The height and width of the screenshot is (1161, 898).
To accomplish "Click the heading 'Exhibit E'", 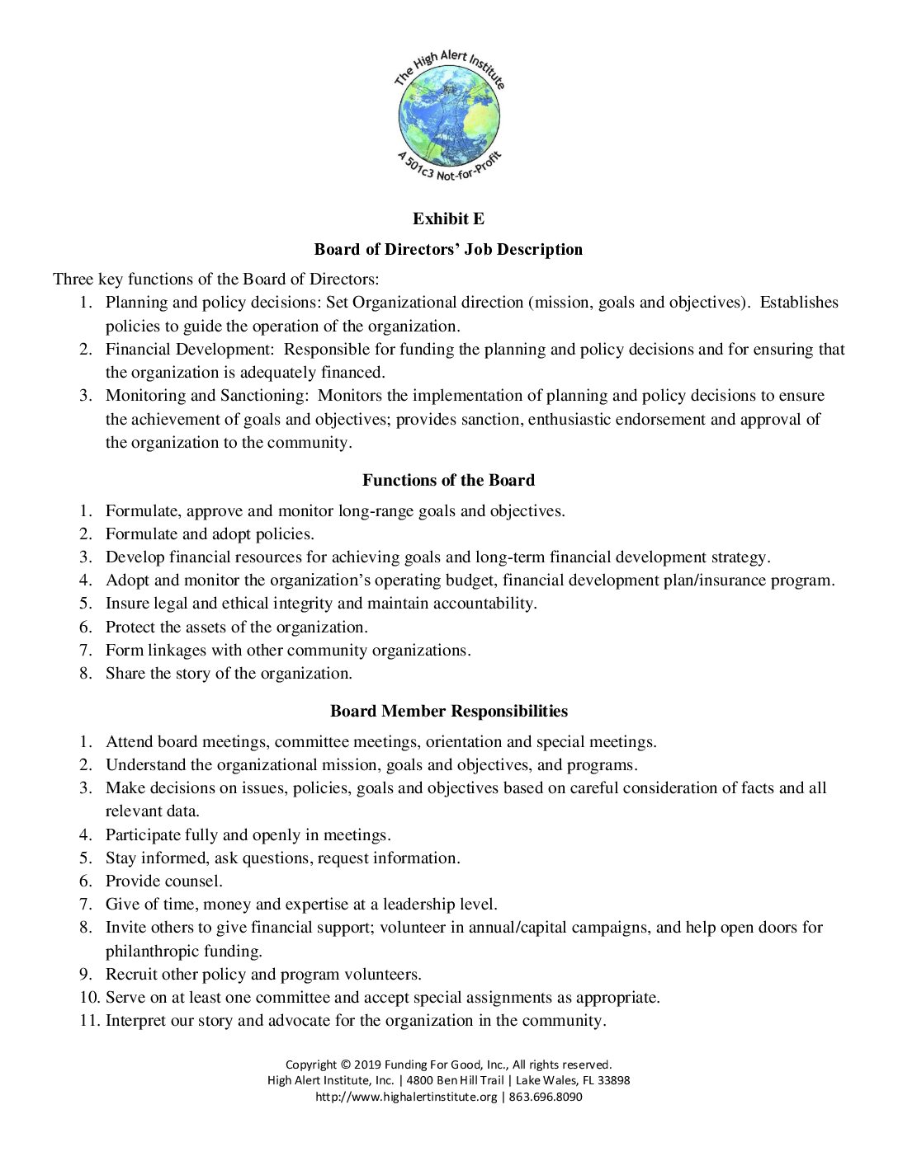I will [x=448, y=219].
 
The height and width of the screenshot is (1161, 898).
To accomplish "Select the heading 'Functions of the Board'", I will [x=448, y=480].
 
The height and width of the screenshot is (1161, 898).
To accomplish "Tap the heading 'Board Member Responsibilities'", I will [x=448, y=711].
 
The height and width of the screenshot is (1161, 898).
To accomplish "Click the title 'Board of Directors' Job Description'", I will [x=448, y=249].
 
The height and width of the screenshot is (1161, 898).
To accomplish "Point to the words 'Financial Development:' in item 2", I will [x=190, y=349].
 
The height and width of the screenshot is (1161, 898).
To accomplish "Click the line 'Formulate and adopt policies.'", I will [x=210, y=533].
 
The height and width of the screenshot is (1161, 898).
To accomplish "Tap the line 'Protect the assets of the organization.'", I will [x=236, y=627].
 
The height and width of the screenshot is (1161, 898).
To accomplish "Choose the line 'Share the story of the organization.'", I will [x=229, y=673].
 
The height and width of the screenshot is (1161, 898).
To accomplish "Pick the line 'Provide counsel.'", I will [x=163, y=881].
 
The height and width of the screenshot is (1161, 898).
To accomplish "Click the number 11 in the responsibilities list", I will [x=88, y=1020].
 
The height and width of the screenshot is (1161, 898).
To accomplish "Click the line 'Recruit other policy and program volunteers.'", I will [x=263, y=974].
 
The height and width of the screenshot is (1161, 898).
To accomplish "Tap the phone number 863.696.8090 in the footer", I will [x=546, y=1097].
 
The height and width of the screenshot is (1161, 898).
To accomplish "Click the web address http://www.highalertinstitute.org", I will [x=406, y=1097].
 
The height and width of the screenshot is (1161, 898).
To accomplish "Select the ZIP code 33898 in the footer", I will [x=613, y=1080].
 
